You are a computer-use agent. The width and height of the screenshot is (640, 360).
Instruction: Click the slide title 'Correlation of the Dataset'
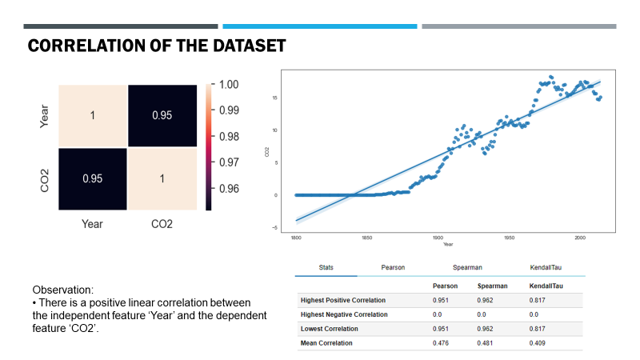(157, 46)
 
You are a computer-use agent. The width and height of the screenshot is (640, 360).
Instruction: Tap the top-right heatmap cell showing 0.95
(162, 115)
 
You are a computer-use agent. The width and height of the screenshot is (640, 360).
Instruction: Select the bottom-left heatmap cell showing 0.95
(92, 179)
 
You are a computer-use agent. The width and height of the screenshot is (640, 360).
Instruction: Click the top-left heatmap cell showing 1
(92, 115)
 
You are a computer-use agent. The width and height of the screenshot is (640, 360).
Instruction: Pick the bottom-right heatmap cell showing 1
(162, 179)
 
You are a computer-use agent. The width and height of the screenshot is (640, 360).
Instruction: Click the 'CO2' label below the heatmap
(162, 225)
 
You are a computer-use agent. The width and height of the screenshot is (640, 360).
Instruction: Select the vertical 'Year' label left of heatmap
(45, 115)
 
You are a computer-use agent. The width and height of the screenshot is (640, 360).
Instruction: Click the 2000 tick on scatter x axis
(579, 238)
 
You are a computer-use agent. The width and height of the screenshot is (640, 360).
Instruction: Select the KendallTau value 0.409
(540, 343)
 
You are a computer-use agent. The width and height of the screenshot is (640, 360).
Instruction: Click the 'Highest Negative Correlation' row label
(346, 314)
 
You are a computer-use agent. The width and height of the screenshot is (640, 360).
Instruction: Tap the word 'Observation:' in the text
(62, 289)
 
